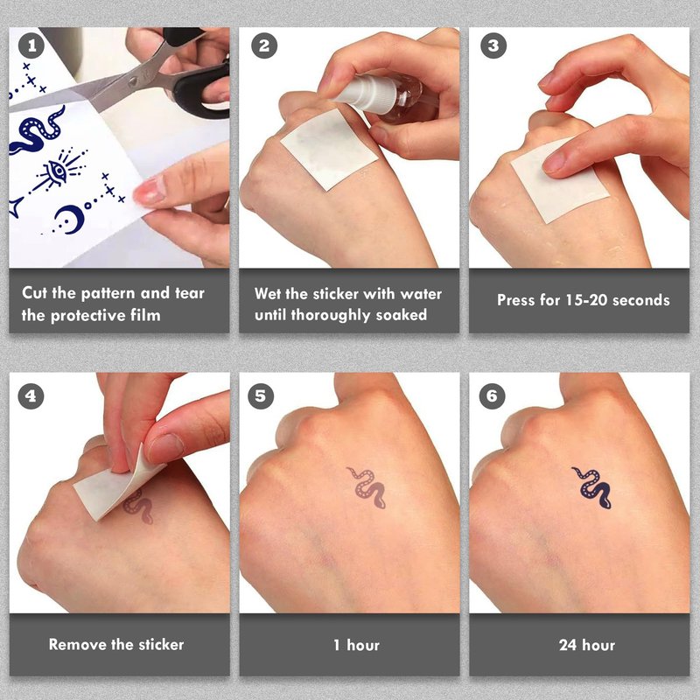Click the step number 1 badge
coord(31,45)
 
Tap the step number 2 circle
coord(264,45)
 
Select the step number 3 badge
coord(493,45)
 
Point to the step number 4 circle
coord(31,396)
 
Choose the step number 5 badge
coord(261,396)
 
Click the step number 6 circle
coord(492,396)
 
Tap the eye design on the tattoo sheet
coord(58,170)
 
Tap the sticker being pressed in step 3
coord(560,181)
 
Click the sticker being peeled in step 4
coord(117,485)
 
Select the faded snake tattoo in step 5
coord(367,487)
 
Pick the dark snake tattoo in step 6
coord(592,488)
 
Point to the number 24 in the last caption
coord(567,645)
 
